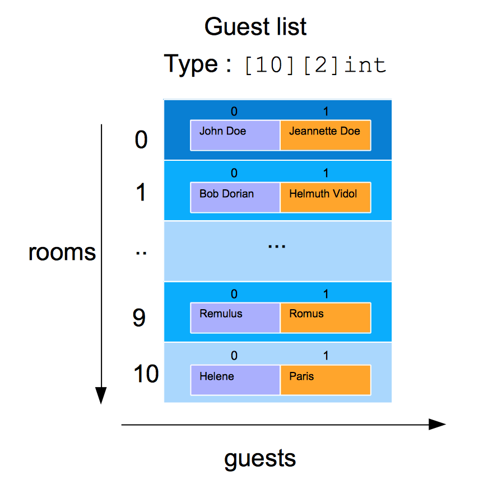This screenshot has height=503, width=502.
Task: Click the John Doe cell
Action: pos(235,135)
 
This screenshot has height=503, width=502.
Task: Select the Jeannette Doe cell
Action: pos(326,135)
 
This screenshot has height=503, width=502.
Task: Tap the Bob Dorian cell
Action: pos(235,197)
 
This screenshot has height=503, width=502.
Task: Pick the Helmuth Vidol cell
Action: pos(326,197)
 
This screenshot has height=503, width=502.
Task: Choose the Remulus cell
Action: pos(235,318)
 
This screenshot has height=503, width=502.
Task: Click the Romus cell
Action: pos(326,318)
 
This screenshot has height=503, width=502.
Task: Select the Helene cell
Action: pos(235,380)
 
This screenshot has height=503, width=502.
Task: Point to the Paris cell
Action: pos(326,380)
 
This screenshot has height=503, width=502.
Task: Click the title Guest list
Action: pos(255,27)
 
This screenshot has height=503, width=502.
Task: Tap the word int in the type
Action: pos(365,65)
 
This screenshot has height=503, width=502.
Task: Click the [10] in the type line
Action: pos(269,66)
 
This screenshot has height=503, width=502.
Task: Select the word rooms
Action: pos(62,253)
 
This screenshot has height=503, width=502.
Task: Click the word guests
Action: pos(260,459)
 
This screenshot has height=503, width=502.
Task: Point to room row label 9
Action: pos(139,318)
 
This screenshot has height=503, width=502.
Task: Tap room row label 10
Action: pos(146,374)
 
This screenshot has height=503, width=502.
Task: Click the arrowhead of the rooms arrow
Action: pos(101,395)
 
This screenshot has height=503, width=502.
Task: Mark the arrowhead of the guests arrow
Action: pos(437,425)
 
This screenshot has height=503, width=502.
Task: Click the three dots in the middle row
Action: pos(277,246)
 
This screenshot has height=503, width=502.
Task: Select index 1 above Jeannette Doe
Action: pos(326,111)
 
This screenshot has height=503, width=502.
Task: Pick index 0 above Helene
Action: pos(234,356)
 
